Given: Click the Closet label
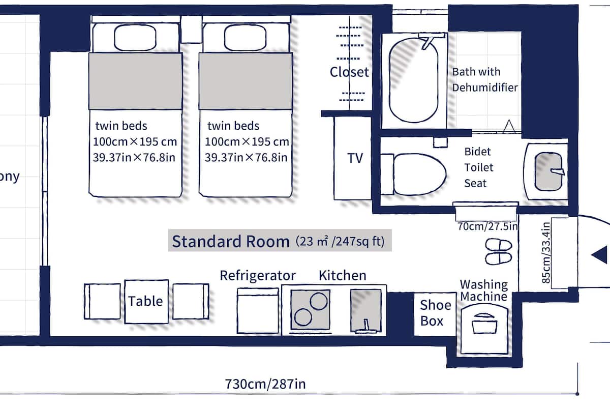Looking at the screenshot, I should [x=349, y=72].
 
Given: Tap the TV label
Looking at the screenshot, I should [x=355, y=158].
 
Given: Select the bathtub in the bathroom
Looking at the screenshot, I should [x=414, y=80].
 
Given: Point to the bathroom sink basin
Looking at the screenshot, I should [x=551, y=172].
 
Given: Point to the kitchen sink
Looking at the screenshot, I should [x=365, y=310].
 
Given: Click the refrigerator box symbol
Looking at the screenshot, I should [x=257, y=311].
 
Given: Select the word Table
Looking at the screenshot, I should [x=146, y=301].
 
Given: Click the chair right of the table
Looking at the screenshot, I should [x=190, y=301].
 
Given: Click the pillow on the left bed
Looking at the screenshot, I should [x=135, y=37].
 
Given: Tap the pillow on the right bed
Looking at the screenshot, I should [x=246, y=37].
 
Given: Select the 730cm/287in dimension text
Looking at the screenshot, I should [x=265, y=383].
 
